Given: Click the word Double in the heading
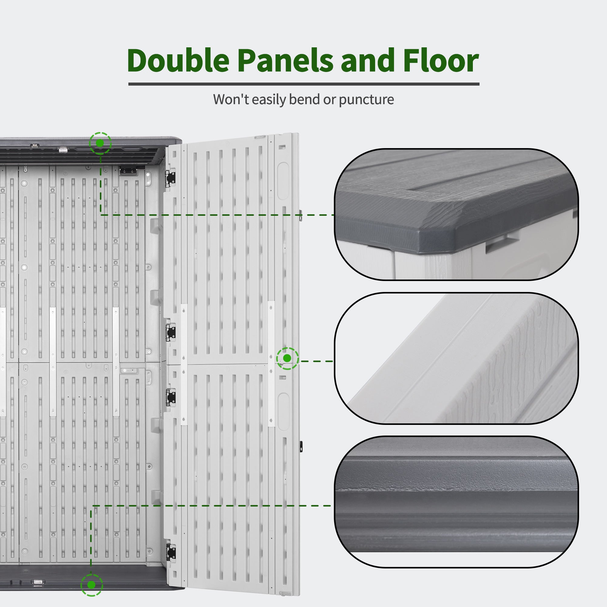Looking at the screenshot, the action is [178, 60].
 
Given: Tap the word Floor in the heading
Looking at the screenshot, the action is [441, 60].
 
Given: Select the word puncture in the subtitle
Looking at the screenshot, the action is [366, 100].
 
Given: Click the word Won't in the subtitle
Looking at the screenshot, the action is [231, 99].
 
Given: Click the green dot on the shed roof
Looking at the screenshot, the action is [100, 143].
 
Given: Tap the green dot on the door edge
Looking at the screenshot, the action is [287, 358].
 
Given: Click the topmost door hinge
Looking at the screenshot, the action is [171, 178].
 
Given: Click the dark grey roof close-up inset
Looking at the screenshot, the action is [456, 214].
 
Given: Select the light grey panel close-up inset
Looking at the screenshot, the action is [456, 358].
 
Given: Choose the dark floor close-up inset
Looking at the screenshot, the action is [456, 502].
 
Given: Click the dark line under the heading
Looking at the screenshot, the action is [304, 84].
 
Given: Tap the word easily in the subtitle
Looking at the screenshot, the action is [269, 100].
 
